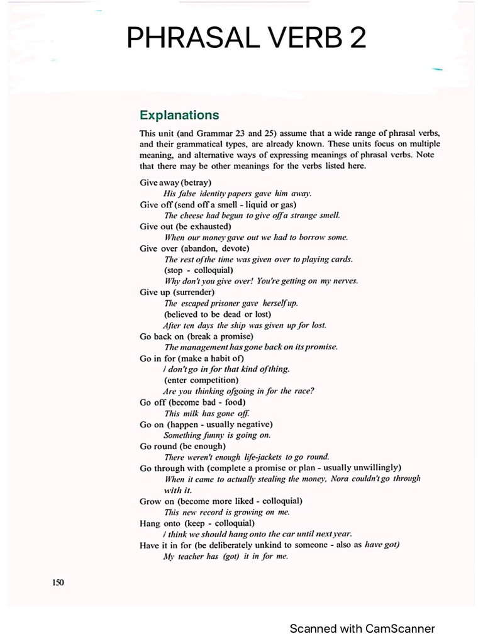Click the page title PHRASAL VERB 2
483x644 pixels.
tap(246, 38)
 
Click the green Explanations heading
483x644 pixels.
tap(179, 115)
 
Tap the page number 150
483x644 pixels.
tap(58, 582)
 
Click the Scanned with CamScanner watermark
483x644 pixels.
tap(362, 628)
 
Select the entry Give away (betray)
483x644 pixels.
tap(175, 182)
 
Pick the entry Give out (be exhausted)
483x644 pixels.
tap(186, 226)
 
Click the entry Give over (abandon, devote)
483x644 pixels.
tap(194, 248)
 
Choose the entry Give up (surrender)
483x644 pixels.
tap(177, 292)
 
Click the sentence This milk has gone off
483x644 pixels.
tap(207, 413)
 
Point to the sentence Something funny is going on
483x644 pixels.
tap(217, 435)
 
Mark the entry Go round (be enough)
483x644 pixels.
tap(182, 447)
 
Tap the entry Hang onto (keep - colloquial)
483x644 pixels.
tap(197, 523)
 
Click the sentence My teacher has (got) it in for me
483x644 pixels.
tap(225, 557)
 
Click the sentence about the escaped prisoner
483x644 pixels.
tap(231, 303)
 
